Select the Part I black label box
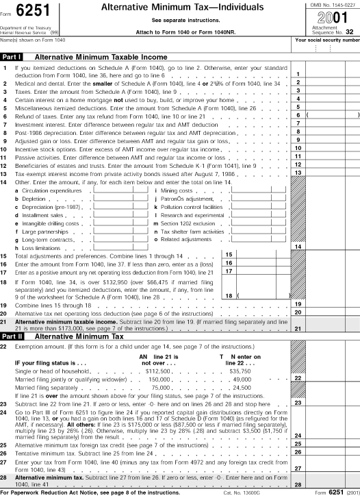click(13, 57)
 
